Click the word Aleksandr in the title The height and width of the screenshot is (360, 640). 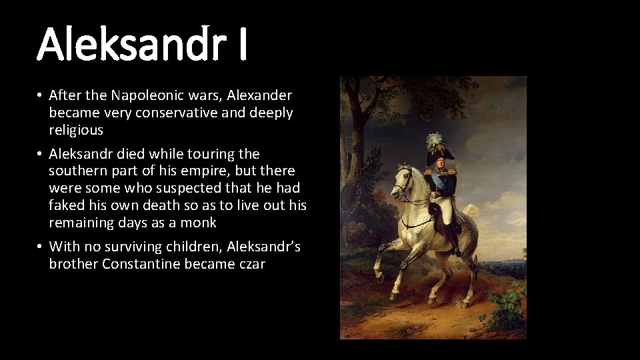pyautogui.click(x=129, y=43)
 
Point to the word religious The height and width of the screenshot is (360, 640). pyautogui.click(x=76, y=130)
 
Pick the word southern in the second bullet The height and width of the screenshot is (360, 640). pyautogui.click(x=75, y=171)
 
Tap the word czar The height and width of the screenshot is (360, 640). pyautogui.click(x=249, y=264)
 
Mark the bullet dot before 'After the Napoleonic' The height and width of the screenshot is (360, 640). pyautogui.click(x=41, y=96)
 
